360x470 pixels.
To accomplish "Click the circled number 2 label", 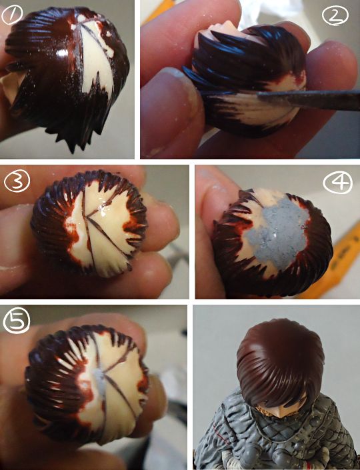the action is pyautogui.click(x=335, y=15).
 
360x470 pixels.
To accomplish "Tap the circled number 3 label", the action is pyautogui.click(x=17, y=181).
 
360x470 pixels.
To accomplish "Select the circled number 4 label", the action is pyautogui.click(x=338, y=182).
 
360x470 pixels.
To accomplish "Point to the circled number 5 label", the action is pyautogui.click(x=17, y=321).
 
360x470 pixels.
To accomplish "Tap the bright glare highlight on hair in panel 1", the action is pyautogui.click(x=63, y=53).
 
